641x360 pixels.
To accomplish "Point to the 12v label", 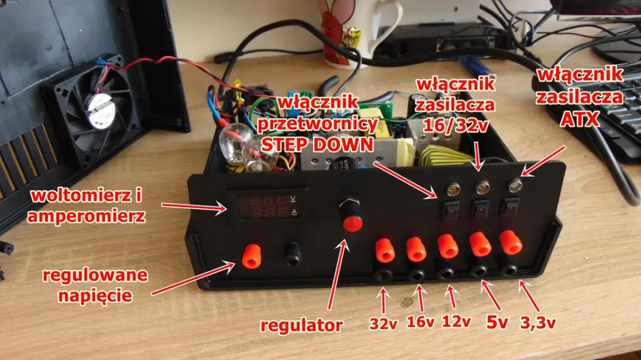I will pos(456,322).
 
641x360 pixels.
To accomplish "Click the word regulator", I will pos(301,325).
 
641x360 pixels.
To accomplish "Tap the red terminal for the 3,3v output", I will pos(511,242).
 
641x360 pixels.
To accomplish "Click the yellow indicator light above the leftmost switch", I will pos(452,188).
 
